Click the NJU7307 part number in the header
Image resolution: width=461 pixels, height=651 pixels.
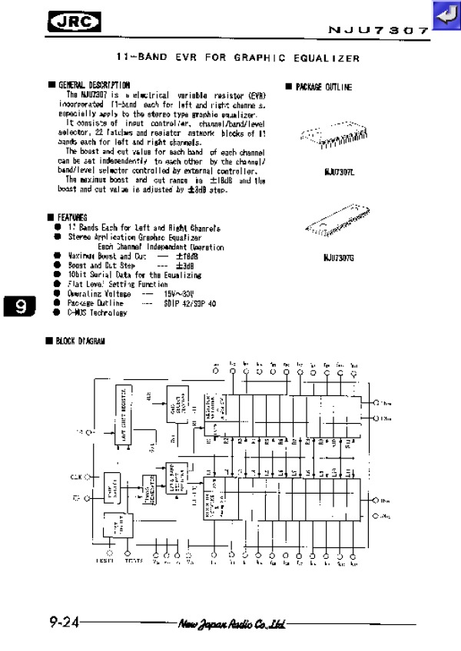coord(378,31)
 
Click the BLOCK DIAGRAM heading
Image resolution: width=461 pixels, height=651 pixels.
coord(80,340)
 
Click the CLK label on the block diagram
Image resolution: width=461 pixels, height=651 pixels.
coord(76,477)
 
